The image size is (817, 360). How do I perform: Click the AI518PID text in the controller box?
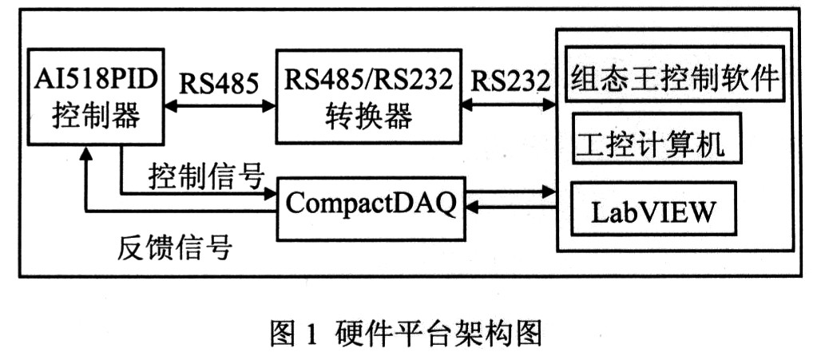[x=94, y=80]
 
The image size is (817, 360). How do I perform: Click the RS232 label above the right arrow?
[x=510, y=81]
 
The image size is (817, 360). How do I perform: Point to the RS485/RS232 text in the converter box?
[x=368, y=80]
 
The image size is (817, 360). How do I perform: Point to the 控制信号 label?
[x=206, y=177]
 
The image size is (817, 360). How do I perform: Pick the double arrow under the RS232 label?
[x=509, y=105]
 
